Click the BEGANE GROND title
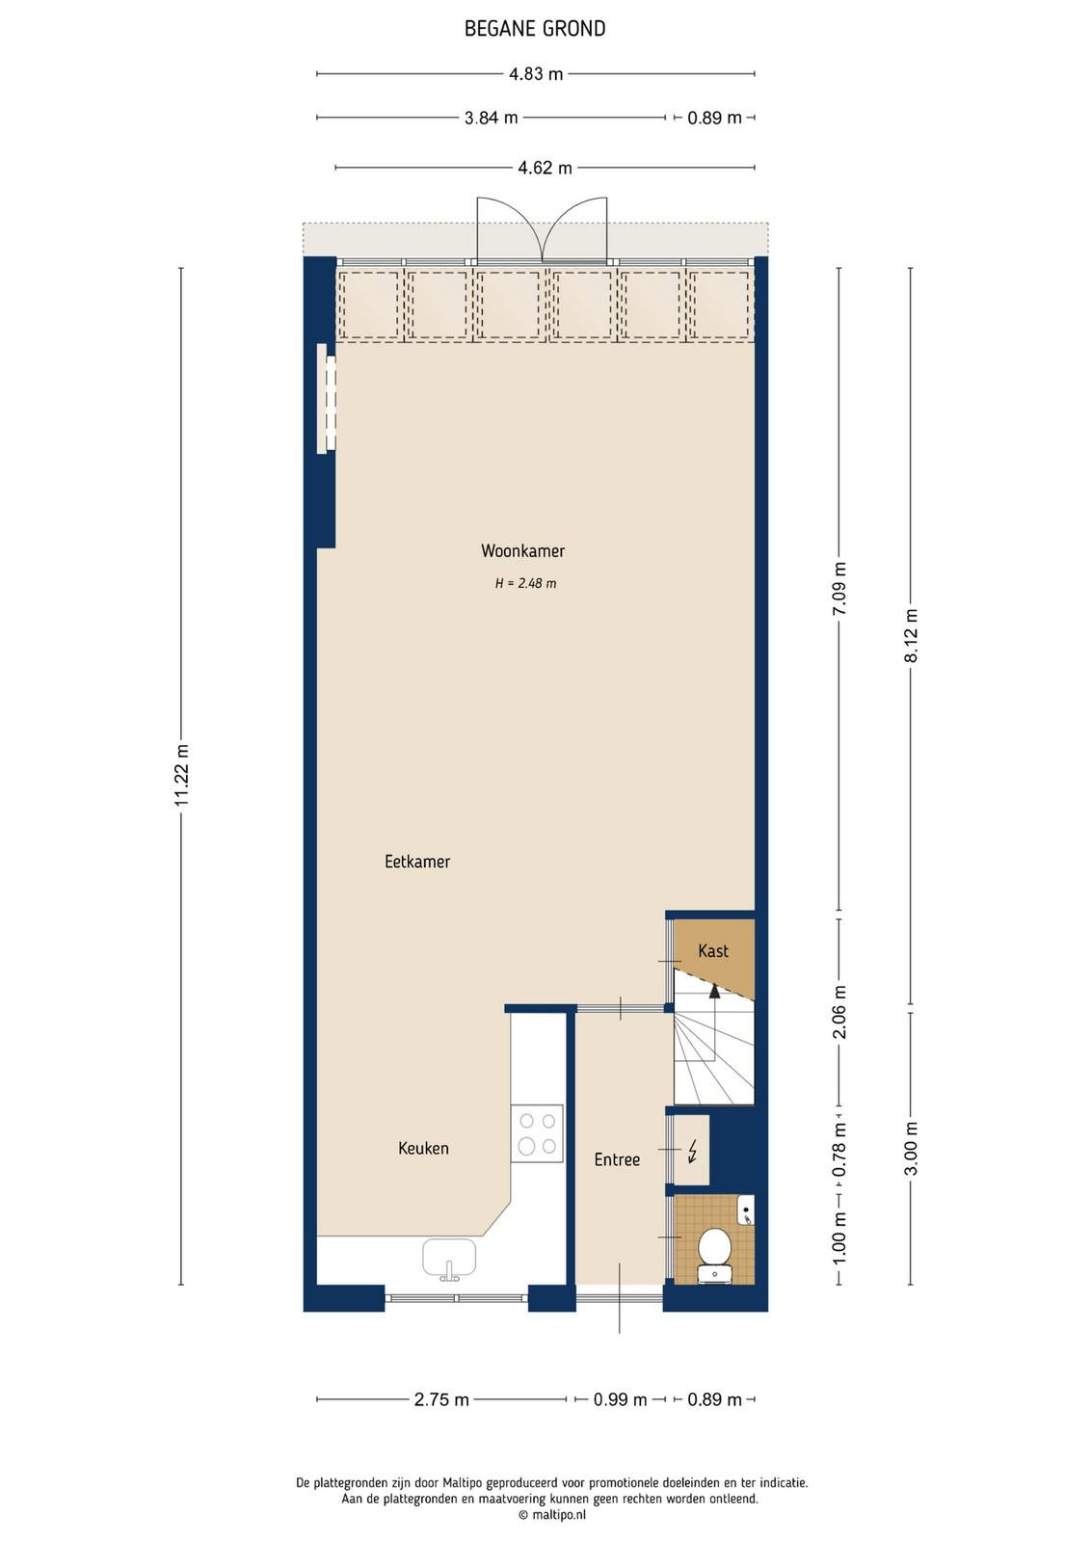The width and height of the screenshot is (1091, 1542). click(535, 29)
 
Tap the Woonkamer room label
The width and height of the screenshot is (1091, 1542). click(522, 550)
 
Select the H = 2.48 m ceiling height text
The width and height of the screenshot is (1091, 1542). click(526, 583)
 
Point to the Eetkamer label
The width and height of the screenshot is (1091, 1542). click(417, 862)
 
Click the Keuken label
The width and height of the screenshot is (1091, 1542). click(423, 1148)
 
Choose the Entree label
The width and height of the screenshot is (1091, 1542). click(617, 1159)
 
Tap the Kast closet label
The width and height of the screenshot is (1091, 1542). click(713, 950)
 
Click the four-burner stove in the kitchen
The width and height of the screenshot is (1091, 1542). click(537, 1133)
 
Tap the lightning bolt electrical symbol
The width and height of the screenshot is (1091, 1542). click(692, 1151)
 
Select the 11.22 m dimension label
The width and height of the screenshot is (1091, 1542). click(181, 775)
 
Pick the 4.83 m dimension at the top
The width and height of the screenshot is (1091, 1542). click(536, 73)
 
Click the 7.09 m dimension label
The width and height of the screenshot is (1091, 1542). click(839, 589)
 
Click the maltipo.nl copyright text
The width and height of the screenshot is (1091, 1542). click(552, 1515)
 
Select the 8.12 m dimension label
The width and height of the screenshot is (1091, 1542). click(911, 635)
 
